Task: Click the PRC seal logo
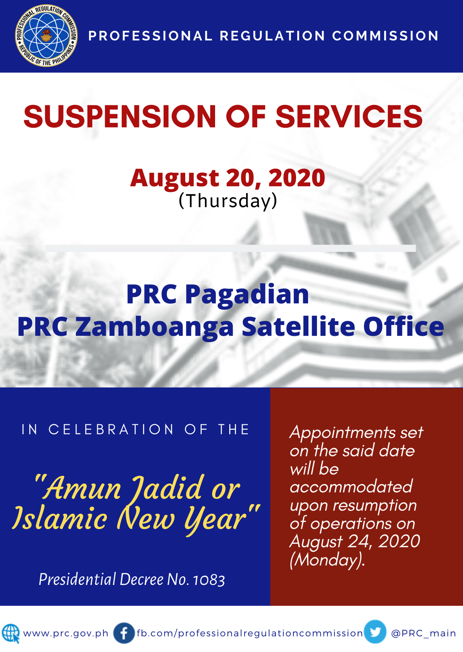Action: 46,36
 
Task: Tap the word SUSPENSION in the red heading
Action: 120,116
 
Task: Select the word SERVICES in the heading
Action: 349,116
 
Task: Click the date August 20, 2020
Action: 227,178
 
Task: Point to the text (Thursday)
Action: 228,201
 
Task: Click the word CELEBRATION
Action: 111,430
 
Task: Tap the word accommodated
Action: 351,487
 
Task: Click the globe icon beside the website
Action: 11,634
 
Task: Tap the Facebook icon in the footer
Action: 124,633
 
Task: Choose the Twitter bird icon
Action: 375,632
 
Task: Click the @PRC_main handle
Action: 423,633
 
